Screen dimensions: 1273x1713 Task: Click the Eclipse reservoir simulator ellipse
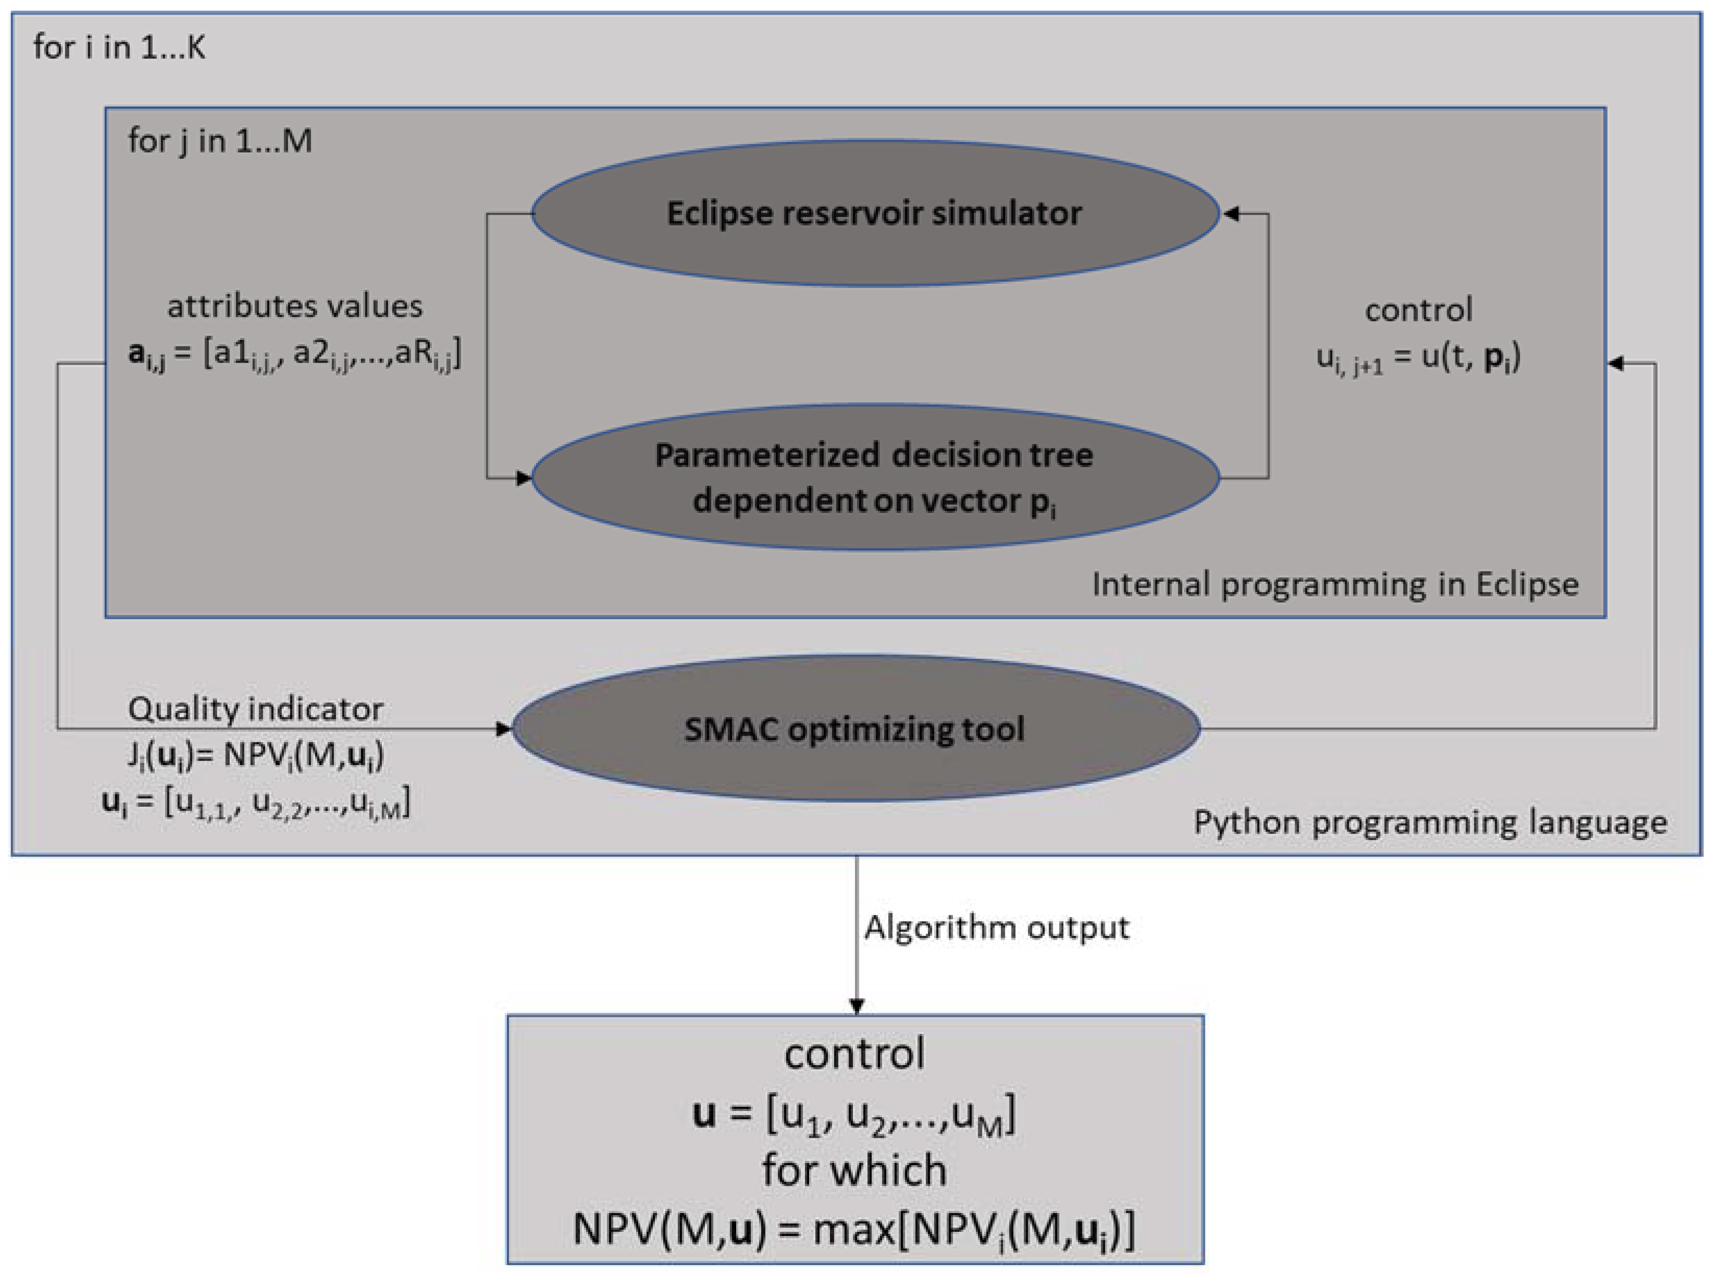point(875,214)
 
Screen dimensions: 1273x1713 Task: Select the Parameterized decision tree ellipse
point(875,478)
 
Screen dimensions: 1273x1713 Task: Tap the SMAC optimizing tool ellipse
point(855,728)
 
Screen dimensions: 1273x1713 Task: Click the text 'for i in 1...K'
point(119,48)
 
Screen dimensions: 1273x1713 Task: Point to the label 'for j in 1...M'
point(220,141)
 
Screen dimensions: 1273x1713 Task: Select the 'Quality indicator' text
point(255,709)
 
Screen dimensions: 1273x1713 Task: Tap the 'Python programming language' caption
point(1430,822)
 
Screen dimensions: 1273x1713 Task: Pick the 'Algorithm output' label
point(996,927)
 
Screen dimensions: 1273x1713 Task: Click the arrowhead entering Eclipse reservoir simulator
point(1231,214)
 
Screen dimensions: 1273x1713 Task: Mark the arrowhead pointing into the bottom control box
point(856,1006)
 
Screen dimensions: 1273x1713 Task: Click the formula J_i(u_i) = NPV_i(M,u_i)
point(255,756)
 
